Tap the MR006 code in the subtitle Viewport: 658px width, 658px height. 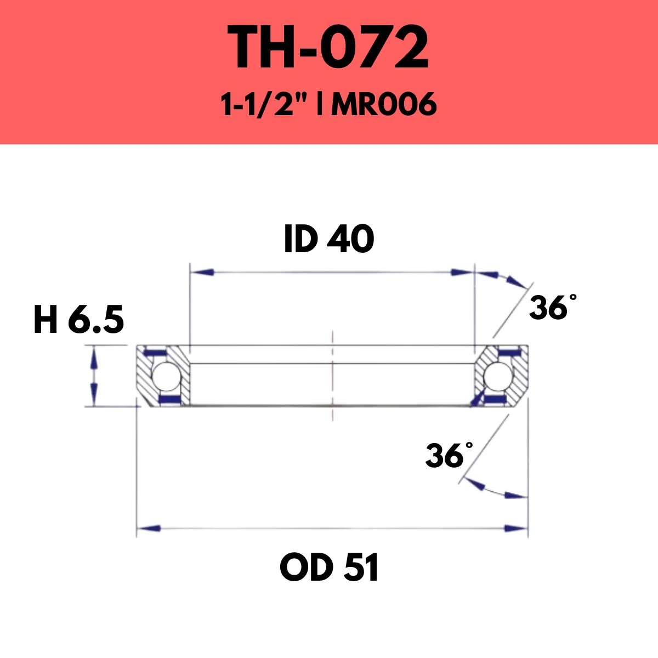384,104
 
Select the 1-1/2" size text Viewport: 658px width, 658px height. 263,104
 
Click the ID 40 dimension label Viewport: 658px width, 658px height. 329,240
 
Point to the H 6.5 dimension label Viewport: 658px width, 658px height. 78,320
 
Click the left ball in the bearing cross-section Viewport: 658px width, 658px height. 163,376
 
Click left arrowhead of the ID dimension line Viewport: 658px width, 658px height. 201,272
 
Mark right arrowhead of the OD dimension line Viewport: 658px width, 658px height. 515,529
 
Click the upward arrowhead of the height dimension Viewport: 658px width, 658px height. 94,355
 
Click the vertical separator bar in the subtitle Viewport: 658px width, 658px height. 319,104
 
